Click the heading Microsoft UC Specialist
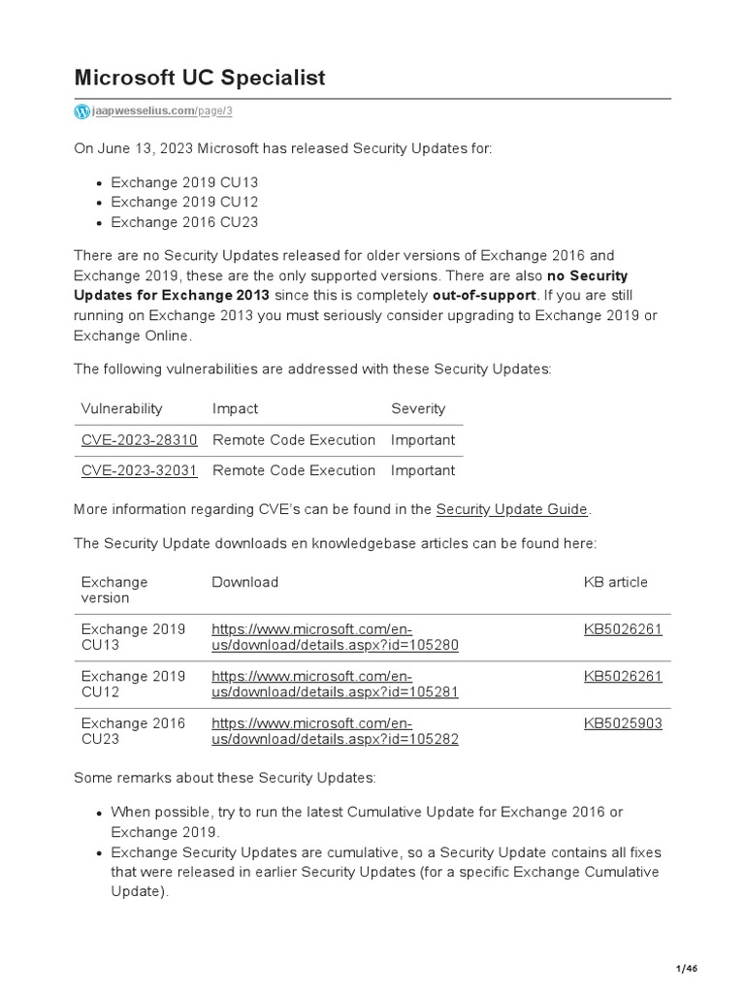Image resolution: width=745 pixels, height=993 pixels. tap(200, 78)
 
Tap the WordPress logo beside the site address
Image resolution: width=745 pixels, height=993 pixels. tap(81, 112)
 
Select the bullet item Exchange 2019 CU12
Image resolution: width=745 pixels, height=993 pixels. tap(184, 202)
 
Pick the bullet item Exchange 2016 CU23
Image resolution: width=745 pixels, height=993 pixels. tap(184, 222)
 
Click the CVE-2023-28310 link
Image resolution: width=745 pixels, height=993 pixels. tap(139, 439)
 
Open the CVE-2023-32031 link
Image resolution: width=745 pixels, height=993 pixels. tap(139, 470)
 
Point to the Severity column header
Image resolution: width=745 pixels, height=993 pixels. tap(418, 408)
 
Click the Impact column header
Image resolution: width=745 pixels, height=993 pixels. tap(235, 408)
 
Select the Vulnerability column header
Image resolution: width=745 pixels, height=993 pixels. tap(121, 408)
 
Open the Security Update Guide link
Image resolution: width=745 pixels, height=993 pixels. tap(511, 509)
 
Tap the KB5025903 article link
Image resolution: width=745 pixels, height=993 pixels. tap(623, 723)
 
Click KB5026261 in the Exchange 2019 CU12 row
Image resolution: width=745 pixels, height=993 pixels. tap(623, 676)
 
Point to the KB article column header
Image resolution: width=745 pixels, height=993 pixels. tap(615, 582)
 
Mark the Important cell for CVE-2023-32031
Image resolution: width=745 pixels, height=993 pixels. tap(423, 470)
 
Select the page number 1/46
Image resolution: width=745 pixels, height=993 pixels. tap(686, 969)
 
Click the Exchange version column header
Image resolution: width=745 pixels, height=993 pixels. tap(114, 590)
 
